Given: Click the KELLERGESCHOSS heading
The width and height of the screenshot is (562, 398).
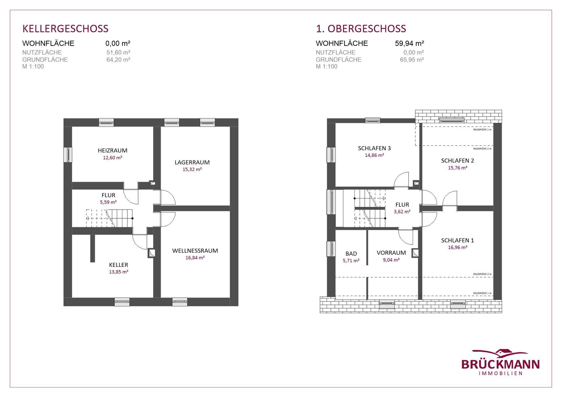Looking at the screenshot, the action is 65,29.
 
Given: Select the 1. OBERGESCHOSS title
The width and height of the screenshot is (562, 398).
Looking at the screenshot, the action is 361,29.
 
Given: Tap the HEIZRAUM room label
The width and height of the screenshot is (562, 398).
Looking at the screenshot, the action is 113,150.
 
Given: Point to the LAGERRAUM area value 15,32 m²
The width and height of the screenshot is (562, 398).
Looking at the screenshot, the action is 192,169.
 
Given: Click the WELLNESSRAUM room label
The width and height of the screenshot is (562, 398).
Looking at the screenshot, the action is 195,251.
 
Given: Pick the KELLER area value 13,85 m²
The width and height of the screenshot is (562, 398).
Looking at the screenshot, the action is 119,272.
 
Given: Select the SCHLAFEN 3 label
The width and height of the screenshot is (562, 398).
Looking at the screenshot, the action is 374,148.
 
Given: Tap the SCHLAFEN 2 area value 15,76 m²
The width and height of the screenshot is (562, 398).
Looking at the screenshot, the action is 458,168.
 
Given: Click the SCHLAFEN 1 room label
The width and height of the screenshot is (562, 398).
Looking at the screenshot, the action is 458,240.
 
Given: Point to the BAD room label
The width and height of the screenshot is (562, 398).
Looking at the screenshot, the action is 351,254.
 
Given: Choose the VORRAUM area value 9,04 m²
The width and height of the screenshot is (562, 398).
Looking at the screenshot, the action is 391,260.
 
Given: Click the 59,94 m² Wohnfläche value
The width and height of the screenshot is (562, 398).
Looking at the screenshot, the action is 409,43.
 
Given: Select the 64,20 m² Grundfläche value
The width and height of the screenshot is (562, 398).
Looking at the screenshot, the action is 118,60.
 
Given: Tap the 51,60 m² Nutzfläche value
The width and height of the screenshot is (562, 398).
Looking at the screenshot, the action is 118,52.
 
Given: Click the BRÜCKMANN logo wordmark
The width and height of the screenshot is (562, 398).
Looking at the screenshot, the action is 501,364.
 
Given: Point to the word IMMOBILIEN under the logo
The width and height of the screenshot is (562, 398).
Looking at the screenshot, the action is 501,373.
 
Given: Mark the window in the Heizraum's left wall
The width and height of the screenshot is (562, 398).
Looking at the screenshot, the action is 68,155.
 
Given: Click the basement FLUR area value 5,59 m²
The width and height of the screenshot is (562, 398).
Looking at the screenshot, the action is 108,202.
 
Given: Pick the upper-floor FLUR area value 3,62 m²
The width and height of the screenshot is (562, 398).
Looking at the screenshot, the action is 402,212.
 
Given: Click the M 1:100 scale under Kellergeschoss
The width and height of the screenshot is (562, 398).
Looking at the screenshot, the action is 33,66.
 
